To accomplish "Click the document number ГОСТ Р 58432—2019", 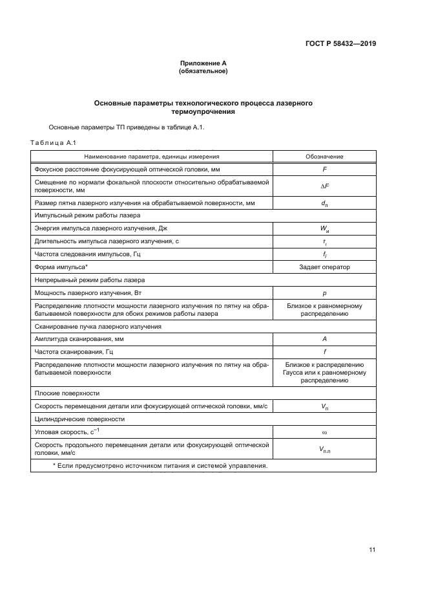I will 341,44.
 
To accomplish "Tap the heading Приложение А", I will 203,63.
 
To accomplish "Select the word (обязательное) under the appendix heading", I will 203,71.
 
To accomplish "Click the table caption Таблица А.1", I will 54,142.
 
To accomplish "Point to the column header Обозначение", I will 324,157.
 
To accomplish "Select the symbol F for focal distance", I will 324,169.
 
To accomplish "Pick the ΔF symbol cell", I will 324,186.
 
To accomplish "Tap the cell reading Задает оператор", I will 324,267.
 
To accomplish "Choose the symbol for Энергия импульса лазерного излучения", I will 324,228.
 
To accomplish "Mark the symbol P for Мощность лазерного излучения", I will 324,292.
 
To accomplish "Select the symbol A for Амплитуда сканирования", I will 324,339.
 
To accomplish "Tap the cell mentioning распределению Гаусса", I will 324,373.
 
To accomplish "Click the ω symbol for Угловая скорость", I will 324,432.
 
